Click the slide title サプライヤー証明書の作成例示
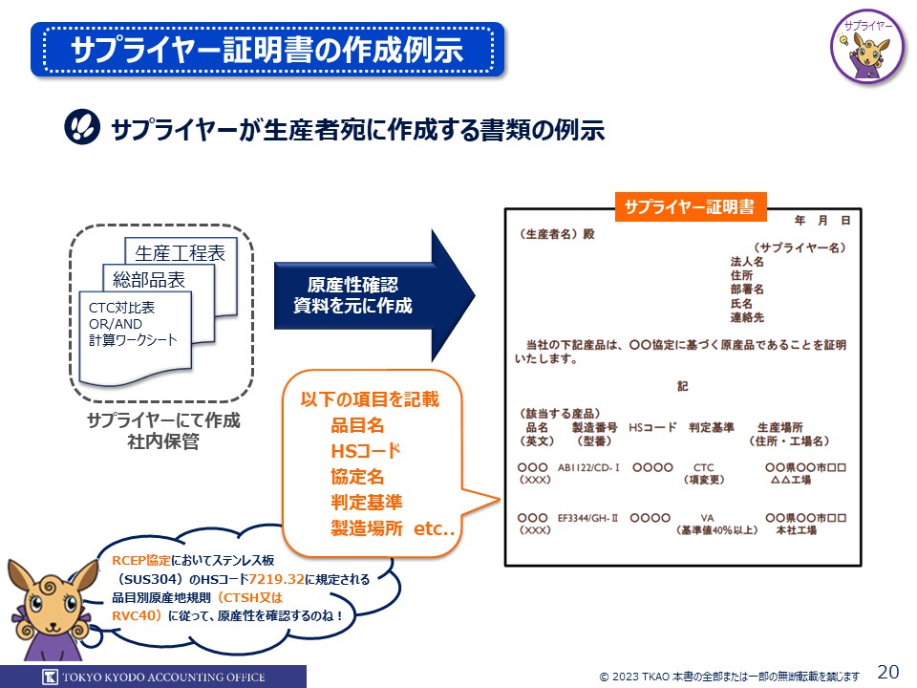coord(267,50)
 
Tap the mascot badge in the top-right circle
coord(867,49)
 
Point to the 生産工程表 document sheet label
coord(180,252)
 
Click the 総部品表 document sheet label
coord(149,279)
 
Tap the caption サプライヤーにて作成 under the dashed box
coord(163,421)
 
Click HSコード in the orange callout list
coord(365,451)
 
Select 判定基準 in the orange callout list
coord(366,503)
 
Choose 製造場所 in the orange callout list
coord(366,527)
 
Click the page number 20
coord(887,671)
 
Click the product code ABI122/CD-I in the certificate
coord(589,466)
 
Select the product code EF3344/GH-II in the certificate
coord(589,517)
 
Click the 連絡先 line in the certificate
coord(747,317)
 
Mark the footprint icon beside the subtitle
coord(83,129)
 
